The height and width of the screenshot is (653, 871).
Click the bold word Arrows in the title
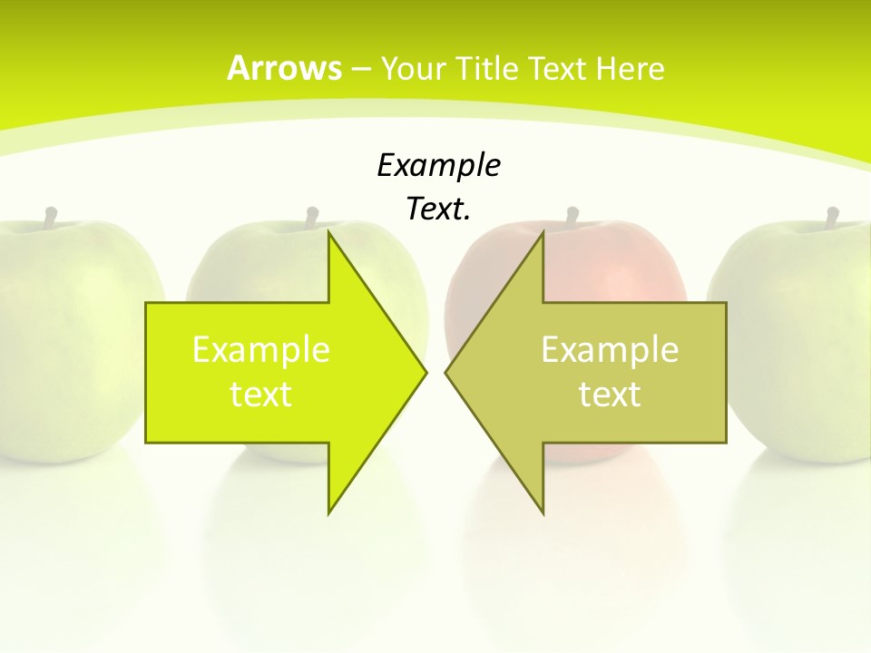coord(284,68)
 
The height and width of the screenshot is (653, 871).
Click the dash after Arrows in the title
coord(361,69)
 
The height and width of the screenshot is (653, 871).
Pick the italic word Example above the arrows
coord(438,166)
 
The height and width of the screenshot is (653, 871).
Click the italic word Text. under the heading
coord(438,210)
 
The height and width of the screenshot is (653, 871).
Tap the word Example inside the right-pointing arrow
coord(261,350)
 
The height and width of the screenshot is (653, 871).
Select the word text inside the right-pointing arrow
coord(261,395)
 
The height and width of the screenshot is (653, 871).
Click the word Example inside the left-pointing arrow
coord(610,350)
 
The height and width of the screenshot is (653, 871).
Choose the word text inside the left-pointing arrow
coord(610,395)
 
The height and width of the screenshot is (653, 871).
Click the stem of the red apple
coord(573,218)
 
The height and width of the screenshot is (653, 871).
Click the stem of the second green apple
coord(312,218)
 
